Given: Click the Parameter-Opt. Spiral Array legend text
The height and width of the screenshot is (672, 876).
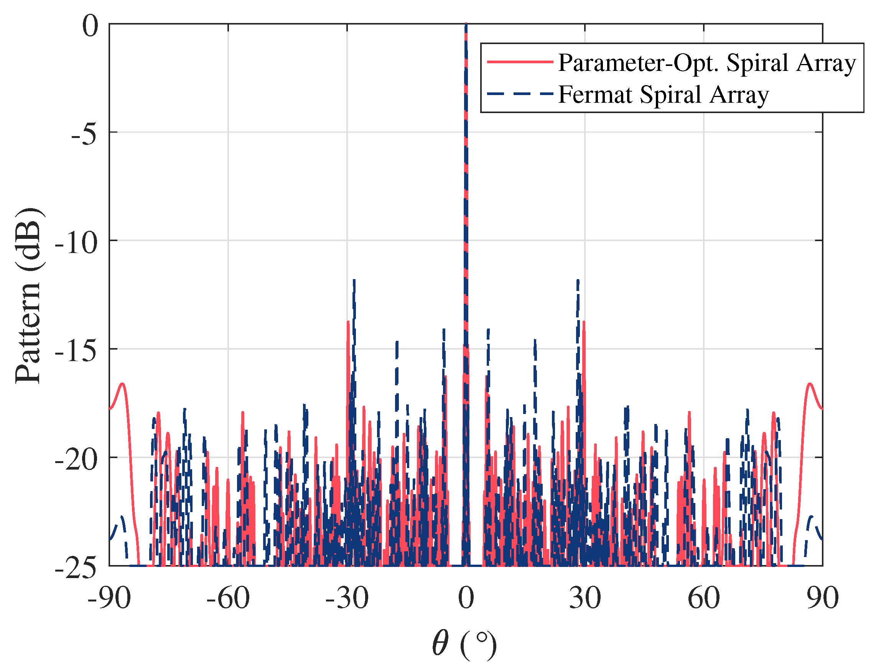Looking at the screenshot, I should click(707, 63).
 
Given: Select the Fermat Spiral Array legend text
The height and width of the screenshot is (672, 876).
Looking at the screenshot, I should click(664, 95).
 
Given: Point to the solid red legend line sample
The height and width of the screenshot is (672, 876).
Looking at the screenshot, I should click(520, 62).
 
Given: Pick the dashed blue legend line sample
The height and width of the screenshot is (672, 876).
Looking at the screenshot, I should click(520, 94).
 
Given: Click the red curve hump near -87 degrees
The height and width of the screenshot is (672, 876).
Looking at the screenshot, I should click(122, 384).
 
